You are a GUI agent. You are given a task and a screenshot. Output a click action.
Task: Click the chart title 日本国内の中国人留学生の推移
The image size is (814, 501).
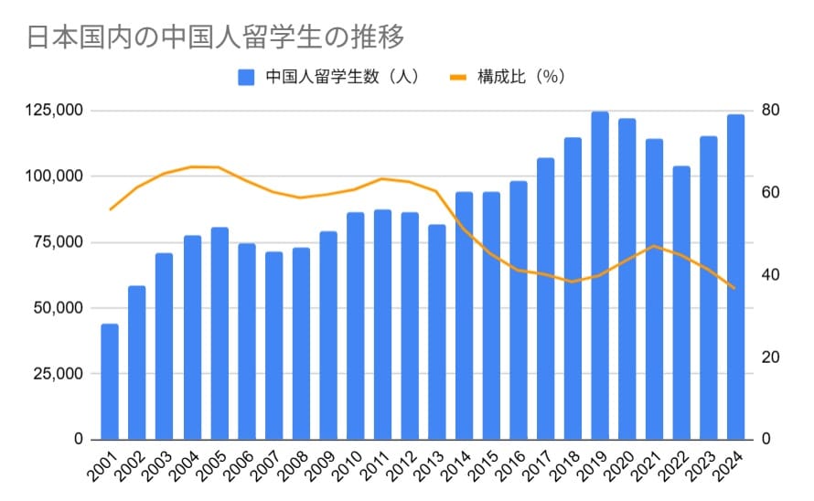[215, 37]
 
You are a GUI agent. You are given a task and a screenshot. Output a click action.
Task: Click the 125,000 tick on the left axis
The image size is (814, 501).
[52, 111]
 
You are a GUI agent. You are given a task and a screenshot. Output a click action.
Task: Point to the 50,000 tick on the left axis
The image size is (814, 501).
[57, 308]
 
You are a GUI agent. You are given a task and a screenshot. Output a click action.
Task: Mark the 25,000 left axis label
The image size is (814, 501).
[57, 374]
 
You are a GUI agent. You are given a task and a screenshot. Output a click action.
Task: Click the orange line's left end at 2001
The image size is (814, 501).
[110, 209]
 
